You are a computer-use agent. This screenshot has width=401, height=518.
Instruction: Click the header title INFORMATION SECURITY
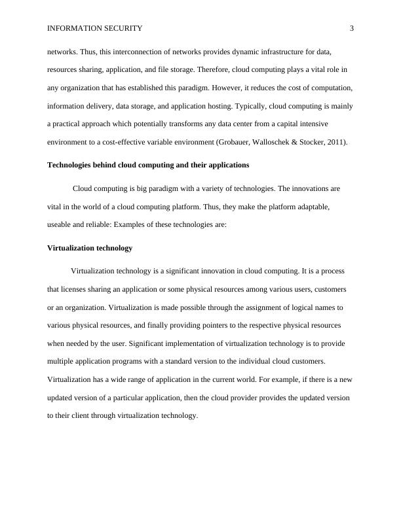(94, 28)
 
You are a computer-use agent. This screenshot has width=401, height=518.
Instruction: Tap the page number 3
(352, 28)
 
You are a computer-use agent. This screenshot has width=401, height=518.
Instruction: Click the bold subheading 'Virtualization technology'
(90, 248)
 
